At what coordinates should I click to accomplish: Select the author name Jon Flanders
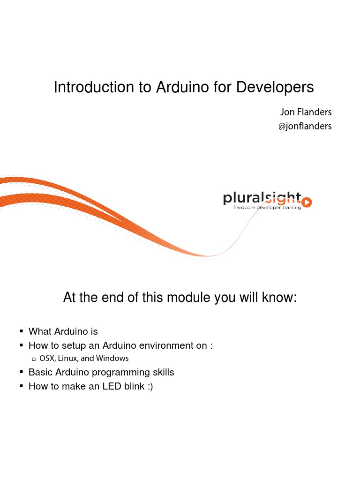click(306, 112)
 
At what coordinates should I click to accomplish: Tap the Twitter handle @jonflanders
click(305, 126)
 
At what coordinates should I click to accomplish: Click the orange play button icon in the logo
click(307, 202)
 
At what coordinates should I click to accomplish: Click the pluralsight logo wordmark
click(262, 199)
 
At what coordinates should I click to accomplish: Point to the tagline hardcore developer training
click(267, 207)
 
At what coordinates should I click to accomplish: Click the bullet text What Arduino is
click(63, 331)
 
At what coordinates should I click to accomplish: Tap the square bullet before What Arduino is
click(22, 331)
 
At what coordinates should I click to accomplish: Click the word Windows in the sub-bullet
click(113, 358)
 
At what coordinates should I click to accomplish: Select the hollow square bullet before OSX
click(34, 359)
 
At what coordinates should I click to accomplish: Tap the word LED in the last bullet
click(112, 386)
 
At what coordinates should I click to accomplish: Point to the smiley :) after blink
click(150, 386)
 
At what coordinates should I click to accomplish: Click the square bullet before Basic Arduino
click(22, 372)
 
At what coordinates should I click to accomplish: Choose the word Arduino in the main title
click(185, 87)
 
